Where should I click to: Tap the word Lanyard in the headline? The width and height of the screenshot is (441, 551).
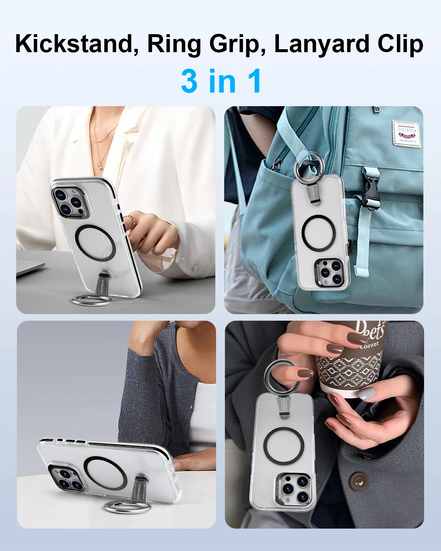323,45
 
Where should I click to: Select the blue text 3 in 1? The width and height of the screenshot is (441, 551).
221,81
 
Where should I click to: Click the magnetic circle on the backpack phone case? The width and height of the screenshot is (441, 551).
318,233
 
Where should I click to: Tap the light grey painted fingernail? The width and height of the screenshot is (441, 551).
366,394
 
